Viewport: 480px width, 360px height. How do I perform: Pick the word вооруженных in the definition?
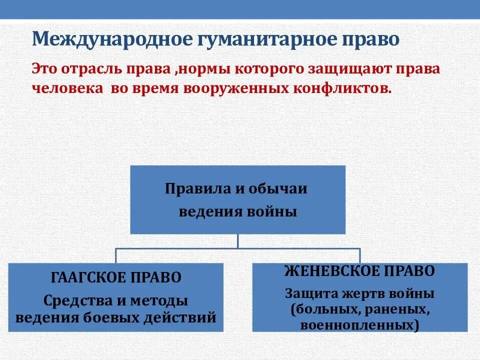[x=227, y=88]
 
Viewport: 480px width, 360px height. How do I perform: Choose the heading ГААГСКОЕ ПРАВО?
[x=115, y=277]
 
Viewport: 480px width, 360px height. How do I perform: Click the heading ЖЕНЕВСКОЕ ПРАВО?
[x=360, y=271]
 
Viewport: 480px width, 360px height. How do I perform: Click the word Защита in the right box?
[x=307, y=293]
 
